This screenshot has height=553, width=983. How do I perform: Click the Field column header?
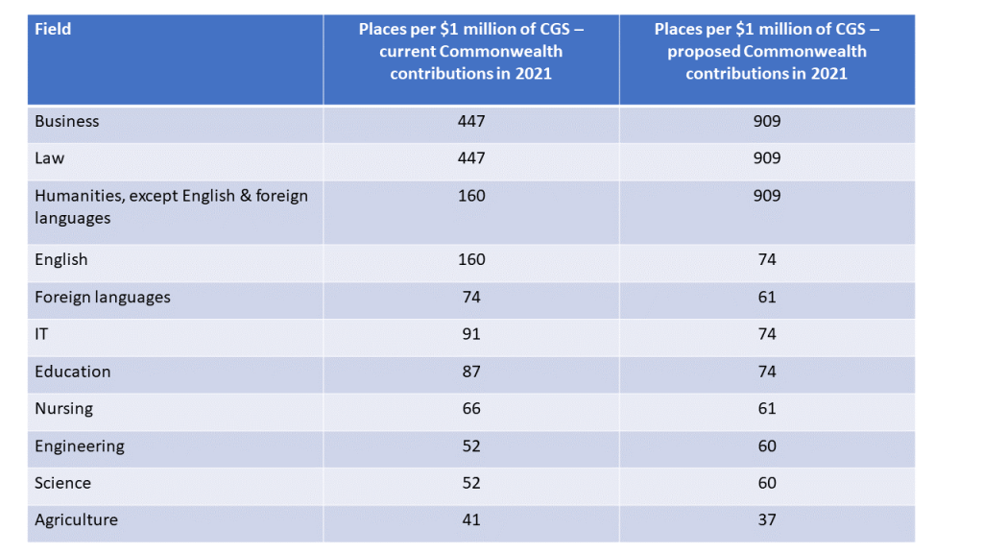[53, 29]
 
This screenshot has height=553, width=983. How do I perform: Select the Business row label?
[67, 121]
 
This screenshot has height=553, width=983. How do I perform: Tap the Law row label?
[50, 158]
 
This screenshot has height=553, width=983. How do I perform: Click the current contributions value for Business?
[471, 121]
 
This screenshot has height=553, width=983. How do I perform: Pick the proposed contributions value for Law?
[767, 158]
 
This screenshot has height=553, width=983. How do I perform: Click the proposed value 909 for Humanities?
[767, 196]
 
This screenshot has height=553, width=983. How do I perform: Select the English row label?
[61, 259]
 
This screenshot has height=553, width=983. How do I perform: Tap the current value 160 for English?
[471, 259]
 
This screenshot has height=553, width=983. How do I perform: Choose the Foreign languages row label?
[103, 297]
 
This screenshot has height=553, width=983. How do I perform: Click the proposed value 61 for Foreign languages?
[767, 297]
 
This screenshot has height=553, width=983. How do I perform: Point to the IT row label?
[42, 334]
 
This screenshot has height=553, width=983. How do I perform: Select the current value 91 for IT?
[471, 334]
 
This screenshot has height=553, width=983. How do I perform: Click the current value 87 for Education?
[471, 372]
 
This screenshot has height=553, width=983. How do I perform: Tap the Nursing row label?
[64, 408]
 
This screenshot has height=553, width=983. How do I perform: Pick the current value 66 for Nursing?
[471, 408]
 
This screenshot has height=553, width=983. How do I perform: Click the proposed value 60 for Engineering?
[767, 445]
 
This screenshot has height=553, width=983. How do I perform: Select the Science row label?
[63, 483]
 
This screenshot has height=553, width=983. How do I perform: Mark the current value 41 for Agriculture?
[471, 520]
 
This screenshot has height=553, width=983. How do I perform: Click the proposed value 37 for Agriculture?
[767, 520]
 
